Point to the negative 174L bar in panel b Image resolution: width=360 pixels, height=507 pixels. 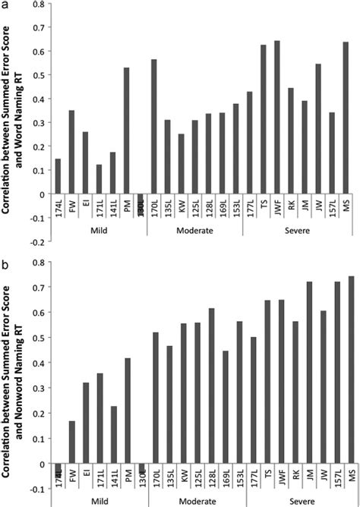58,468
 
